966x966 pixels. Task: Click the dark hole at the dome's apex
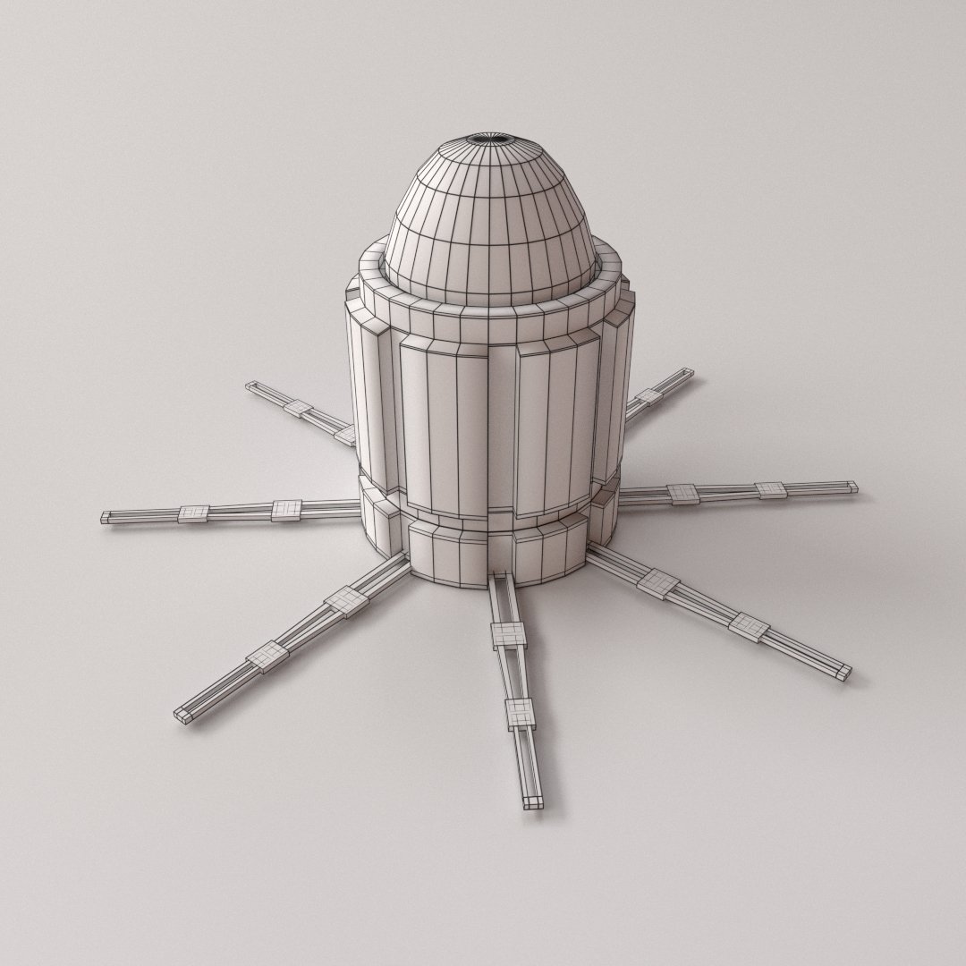[489, 139]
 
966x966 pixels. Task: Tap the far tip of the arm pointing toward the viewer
[532, 801]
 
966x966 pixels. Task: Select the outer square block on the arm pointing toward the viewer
[520, 713]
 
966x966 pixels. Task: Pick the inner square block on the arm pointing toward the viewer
[508, 634]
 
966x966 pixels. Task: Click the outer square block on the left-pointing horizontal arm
[193, 513]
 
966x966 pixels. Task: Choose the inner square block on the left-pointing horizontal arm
[286, 509]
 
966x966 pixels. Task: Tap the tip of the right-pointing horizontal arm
[851, 487]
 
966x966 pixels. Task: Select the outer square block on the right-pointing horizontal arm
[770, 489]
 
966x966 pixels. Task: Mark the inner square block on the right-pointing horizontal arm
[682, 493]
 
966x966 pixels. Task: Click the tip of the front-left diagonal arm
[182, 715]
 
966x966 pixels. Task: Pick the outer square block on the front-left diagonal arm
[266, 658]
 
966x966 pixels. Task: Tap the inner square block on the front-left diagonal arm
[346, 601]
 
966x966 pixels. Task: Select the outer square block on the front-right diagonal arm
[749, 625]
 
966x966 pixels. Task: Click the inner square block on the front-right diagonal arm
[659, 583]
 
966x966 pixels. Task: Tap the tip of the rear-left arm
[251, 386]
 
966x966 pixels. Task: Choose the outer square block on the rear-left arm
[298, 409]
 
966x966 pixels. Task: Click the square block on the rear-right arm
[650, 396]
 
